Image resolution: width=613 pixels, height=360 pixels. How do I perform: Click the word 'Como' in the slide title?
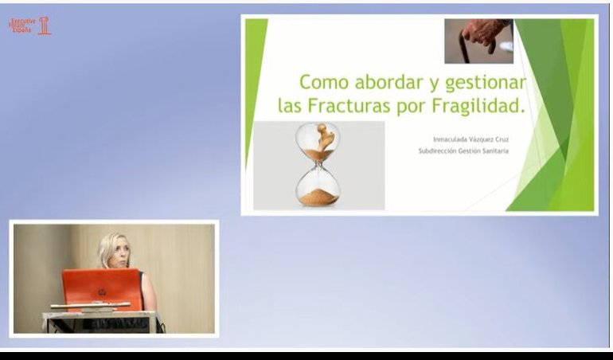pyautogui.click(x=323, y=82)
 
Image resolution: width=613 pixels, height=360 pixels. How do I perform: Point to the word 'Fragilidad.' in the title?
pyautogui.click(x=479, y=105)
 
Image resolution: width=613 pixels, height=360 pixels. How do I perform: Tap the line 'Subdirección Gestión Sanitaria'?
pyautogui.click(x=463, y=151)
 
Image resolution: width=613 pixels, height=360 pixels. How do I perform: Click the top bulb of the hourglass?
pyautogui.click(x=318, y=140)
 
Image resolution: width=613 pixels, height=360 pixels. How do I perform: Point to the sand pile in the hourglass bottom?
pyautogui.click(x=318, y=194)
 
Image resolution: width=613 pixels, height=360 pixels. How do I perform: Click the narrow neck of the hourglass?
pyautogui.click(x=318, y=162)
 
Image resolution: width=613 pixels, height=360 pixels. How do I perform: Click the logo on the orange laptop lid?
pyautogui.click(x=102, y=292)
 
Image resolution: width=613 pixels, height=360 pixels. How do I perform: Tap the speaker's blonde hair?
pyautogui.click(x=109, y=243)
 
